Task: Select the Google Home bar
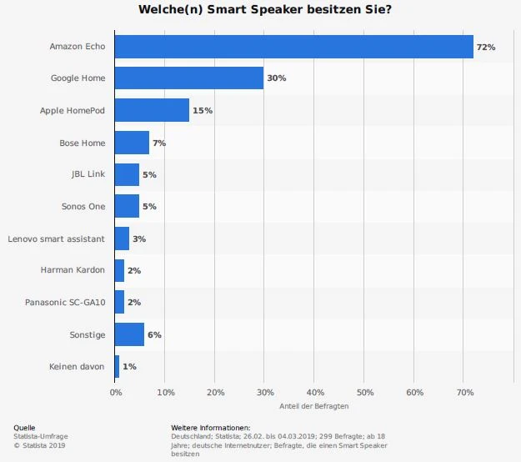[188, 78]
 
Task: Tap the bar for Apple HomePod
[152, 110]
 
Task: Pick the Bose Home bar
[132, 143]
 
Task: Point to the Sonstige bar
[129, 334]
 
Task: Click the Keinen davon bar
[117, 366]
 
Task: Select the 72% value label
[485, 48]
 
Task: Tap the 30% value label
[276, 78]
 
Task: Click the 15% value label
[203, 111]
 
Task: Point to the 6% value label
[154, 334]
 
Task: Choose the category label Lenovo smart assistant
[56, 239]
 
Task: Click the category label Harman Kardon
[73, 270]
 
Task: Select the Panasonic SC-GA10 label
[65, 302]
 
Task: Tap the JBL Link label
[88, 174]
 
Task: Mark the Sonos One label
[83, 206]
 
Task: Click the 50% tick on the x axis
[365, 391]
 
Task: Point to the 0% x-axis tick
[115, 391]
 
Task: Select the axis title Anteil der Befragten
[313, 406]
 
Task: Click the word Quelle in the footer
[24, 427]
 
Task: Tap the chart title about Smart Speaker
[260, 10]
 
